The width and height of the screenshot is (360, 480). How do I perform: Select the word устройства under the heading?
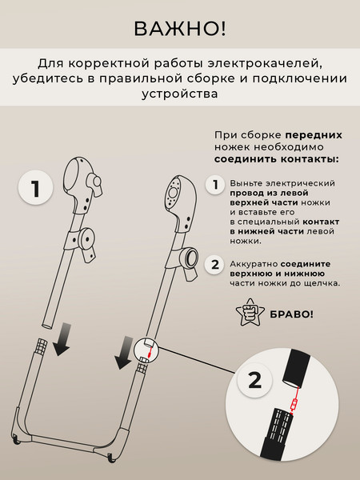coord(180,94)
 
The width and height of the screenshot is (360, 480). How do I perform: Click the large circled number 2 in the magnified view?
coord(254,380)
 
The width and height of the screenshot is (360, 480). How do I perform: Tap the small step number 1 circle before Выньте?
coord(214,186)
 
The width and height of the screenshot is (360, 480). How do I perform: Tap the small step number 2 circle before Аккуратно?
coord(214,265)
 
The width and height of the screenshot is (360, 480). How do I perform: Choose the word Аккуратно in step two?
coord(255,263)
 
